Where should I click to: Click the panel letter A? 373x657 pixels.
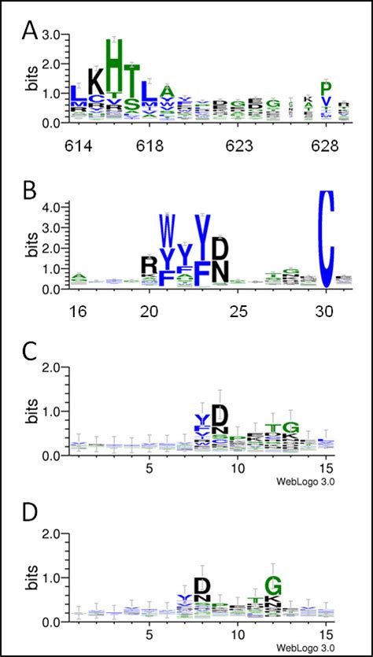click(30, 31)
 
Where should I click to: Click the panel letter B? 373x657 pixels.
click(29, 192)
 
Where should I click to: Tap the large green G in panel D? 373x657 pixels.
click(273, 585)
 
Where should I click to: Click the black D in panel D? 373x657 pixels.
click(202, 585)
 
